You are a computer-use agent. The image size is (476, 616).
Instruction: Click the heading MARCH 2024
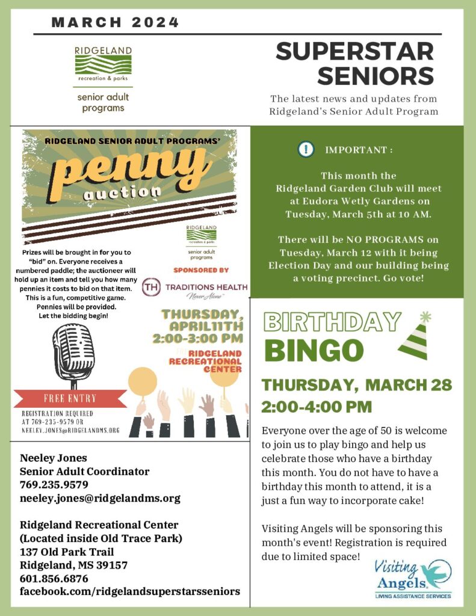coord(115,23)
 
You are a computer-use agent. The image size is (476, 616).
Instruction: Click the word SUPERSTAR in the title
coord(354,52)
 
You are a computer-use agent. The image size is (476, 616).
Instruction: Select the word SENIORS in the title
coord(376,76)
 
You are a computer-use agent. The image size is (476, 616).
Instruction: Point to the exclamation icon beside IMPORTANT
coord(306,149)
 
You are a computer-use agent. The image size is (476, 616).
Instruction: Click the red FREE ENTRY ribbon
coord(70,398)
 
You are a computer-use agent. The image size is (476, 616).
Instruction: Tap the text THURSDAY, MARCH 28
coord(356,385)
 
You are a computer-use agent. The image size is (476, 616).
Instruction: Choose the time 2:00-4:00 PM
coord(316,407)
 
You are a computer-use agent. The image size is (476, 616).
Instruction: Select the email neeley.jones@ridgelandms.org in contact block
coord(100,499)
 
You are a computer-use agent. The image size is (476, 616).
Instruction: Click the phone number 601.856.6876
coord(54,579)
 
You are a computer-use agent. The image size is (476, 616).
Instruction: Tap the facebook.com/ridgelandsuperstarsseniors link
coord(130,592)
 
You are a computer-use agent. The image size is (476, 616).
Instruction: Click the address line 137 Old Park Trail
coord(67,552)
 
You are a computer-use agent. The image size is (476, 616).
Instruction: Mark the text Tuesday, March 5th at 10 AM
coord(358,214)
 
